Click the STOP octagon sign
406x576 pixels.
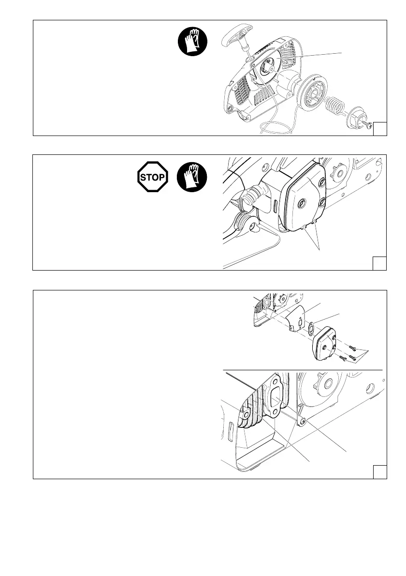pyautogui.click(x=153, y=177)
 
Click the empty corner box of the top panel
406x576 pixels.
pyautogui.click(x=380, y=129)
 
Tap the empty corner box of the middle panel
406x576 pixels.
pyautogui.click(x=380, y=263)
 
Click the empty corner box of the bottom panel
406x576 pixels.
pyautogui.click(x=380, y=472)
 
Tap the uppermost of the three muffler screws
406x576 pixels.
pyautogui.click(x=354, y=347)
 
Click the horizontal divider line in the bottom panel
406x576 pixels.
pyautogui.click(x=302, y=370)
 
